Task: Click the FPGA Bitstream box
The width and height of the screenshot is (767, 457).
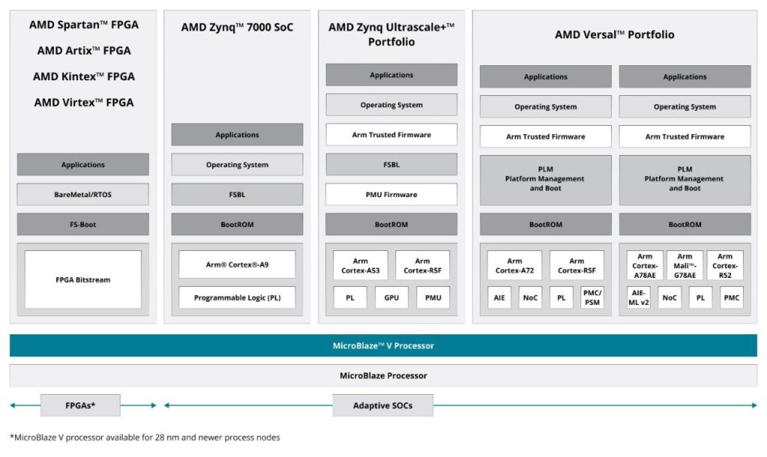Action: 83,279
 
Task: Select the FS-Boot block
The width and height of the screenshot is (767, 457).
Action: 83,224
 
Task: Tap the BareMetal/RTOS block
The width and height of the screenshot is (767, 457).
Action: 83,195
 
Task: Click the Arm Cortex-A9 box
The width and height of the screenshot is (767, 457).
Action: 237,264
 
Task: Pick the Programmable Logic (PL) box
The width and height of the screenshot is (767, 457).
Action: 237,297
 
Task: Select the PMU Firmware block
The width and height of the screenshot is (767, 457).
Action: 391,195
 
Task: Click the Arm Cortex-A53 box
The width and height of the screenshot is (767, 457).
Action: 360,265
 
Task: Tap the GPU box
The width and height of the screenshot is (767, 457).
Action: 391,297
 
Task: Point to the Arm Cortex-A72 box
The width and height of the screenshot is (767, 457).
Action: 515,265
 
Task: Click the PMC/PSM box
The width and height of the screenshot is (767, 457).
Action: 592,297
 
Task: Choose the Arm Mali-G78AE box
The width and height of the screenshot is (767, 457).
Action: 685,265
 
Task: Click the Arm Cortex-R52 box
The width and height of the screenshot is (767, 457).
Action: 725,265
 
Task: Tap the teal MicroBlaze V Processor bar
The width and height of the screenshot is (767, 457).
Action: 383,345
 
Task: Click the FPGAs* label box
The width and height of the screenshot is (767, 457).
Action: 80,405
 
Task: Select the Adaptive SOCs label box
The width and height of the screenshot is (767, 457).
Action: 383,405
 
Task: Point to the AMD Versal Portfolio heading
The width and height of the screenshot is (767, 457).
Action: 614,34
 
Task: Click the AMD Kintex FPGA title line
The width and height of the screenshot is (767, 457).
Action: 83,76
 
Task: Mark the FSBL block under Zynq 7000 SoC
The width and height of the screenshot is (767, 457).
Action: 237,195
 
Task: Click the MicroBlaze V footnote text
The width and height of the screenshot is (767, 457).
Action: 145,438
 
